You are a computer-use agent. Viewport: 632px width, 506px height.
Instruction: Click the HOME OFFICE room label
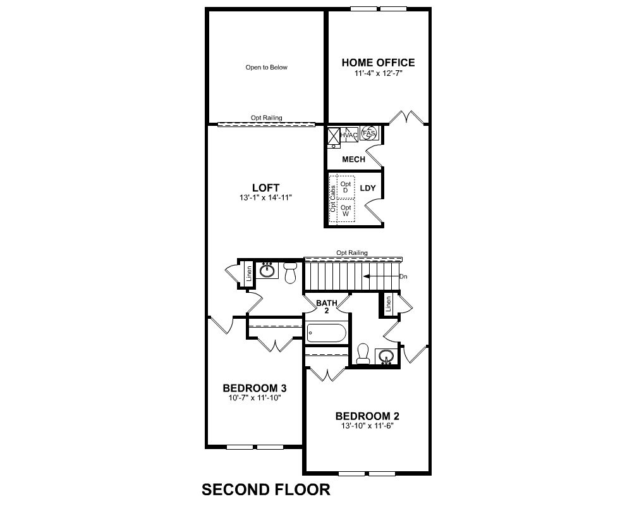click(378, 63)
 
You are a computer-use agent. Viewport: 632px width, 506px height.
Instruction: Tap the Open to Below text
click(267, 68)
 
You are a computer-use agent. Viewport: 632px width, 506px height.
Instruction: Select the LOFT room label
click(265, 188)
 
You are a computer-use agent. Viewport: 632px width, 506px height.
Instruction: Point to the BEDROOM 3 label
click(254, 388)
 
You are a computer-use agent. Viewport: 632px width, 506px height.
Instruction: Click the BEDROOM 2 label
click(367, 416)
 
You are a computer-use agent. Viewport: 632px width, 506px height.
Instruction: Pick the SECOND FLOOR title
click(266, 490)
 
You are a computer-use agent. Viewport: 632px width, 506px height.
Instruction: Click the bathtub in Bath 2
click(327, 333)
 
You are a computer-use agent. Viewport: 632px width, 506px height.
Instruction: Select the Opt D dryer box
click(346, 187)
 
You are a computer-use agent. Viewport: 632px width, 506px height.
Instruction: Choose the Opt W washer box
click(346, 210)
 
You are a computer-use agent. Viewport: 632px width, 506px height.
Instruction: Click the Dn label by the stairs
click(403, 277)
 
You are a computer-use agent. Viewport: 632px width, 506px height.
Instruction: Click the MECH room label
click(353, 159)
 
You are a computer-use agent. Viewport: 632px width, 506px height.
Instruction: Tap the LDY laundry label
click(368, 188)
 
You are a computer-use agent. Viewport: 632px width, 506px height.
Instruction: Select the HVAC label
click(349, 135)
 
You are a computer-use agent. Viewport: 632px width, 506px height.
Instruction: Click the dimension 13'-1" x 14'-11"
click(265, 198)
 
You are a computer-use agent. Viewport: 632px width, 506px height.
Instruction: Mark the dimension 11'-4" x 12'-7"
click(379, 73)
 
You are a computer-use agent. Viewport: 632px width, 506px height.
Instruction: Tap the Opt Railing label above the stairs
click(352, 252)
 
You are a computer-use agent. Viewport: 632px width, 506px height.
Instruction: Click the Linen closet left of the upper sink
click(249, 273)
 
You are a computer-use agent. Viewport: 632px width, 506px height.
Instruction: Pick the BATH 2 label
click(327, 307)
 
